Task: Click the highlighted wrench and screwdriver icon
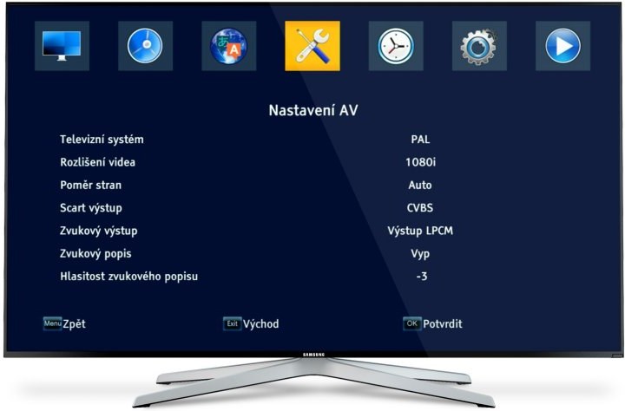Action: click(312, 46)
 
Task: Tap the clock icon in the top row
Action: click(396, 46)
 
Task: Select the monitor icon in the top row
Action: click(62, 46)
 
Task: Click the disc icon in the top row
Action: click(145, 46)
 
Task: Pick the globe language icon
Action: click(229, 46)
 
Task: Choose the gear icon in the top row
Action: click(478, 46)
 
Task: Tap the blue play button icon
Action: click(562, 46)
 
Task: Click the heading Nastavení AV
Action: click(312, 111)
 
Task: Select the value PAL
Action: click(420, 139)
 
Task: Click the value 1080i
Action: click(420, 162)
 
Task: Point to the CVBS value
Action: click(420, 208)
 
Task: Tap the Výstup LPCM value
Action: click(420, 231)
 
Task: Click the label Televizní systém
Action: click(102, 139)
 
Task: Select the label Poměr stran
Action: click(90, 185)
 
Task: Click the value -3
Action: click(421, 277)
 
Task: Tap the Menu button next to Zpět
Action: click(52, 323)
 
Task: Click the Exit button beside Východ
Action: click(232, 323)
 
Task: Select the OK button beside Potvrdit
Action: click(411, 323)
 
